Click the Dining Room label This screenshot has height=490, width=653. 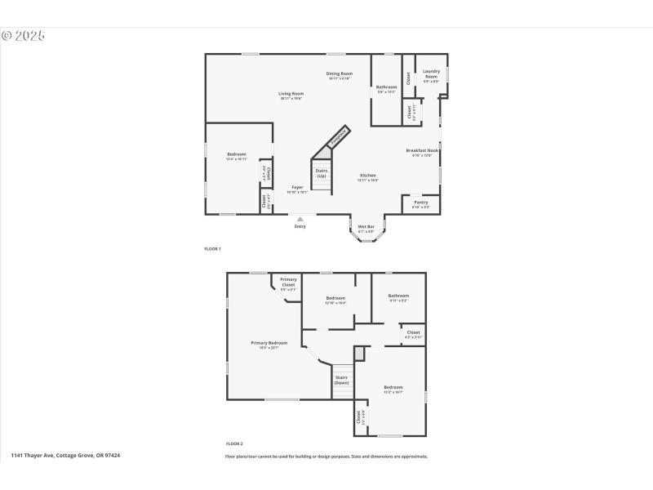click(x=340, y=73)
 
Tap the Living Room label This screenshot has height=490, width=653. click(x=291, y=94)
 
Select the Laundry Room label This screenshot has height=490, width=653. click(x=431, y=73)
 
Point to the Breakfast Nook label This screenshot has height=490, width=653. click(x=423, y=150)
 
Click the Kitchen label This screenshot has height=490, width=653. click(x=368, y=176)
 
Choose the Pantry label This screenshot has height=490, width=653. click(x=420, y=203)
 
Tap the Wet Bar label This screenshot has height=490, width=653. click(x=366, y=226)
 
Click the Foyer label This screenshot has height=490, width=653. click(x=298, y=188)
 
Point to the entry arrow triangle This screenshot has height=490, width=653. click(x=300, y=218)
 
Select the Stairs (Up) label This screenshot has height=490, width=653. click(x=322, y=173)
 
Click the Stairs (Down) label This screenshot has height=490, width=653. click(x=341, y=380)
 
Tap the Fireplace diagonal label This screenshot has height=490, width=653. click(x=339, y=135)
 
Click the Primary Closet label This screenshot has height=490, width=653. click(x=288, y=283)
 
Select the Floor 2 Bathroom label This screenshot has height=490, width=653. click(x=398, y=296)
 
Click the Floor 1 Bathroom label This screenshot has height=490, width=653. click(x=386, y=87)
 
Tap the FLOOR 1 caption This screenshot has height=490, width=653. click(x=212, y=247)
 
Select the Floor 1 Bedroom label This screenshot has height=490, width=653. click(x=236, y=154)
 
